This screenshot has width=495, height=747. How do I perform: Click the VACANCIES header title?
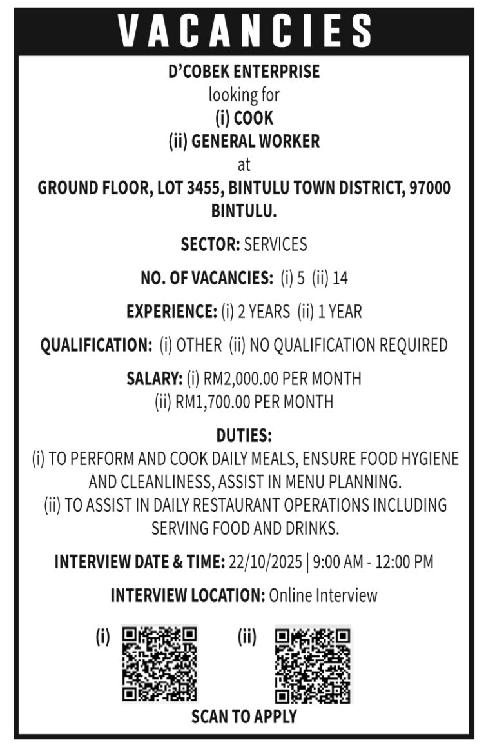pos(245,30)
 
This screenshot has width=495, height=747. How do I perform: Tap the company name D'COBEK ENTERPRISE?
pos(244,72)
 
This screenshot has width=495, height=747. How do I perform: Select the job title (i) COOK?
pos(244,119)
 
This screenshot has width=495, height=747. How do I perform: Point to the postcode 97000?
pos(430,188)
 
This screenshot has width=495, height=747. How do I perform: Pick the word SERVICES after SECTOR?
pos(275,245)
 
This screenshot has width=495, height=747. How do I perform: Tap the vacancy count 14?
pos(341,279)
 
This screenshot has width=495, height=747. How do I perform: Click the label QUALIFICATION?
pos(96,346)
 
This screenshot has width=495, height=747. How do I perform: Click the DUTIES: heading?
pos(244,435)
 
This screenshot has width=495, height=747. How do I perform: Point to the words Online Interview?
pos(323,595)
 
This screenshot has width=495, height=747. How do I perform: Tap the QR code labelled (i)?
pos(159,664)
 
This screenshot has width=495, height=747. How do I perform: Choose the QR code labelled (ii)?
pos(313,664)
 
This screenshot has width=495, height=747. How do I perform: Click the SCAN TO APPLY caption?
pos(244,717)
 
